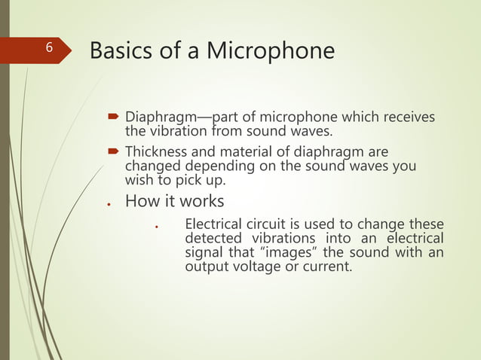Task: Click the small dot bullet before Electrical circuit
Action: click(x=155, y=226)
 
